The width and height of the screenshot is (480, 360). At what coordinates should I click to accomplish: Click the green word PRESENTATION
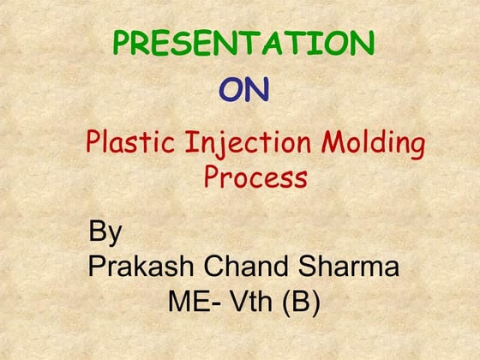243,43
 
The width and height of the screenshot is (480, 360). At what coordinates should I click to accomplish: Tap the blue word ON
243,90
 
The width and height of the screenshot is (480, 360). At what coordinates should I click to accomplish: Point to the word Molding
373,142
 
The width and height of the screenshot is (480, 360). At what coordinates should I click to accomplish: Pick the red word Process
255,177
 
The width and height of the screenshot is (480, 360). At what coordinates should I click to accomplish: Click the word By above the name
105,233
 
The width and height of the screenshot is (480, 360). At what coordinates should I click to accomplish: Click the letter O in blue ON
231,90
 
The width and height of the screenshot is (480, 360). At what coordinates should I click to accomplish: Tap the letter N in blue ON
257,90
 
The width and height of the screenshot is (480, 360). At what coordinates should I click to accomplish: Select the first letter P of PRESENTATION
123,43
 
